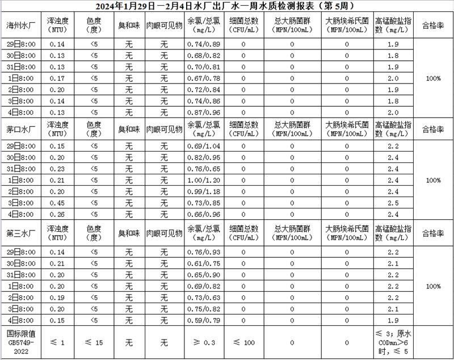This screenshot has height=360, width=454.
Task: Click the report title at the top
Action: point(227,6)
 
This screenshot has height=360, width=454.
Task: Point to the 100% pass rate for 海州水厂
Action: point(434,78)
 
